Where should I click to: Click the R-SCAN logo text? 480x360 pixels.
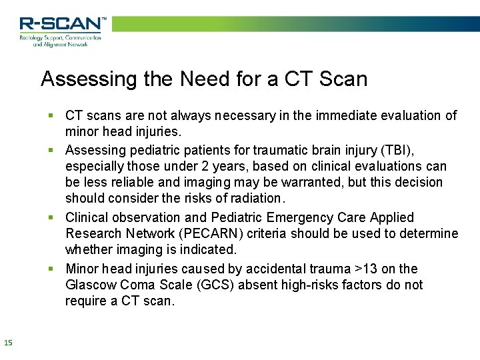coord(62,23)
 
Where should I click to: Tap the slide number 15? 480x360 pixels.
coord(8,343)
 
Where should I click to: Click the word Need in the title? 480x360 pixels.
coord(204,79)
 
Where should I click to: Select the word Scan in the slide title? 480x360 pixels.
coord(343,79)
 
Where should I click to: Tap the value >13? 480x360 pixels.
coord(367,269)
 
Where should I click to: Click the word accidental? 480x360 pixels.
coord(279,269)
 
